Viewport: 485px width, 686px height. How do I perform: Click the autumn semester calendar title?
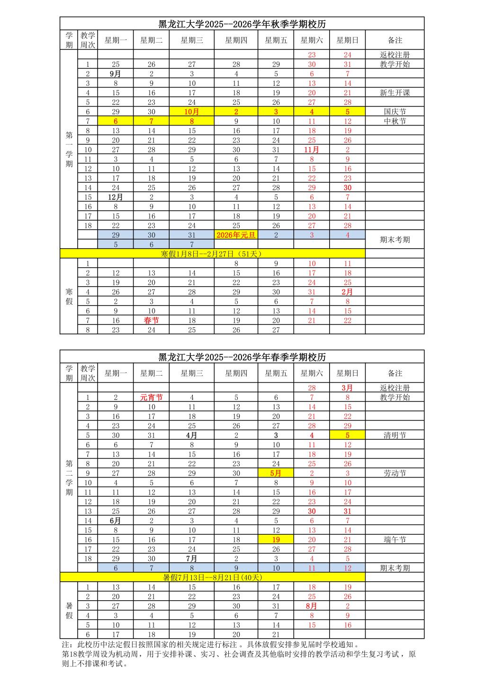tap(242, 25)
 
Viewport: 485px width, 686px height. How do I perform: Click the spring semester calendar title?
tap(242, 357)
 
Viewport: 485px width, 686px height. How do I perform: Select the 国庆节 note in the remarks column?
tap(395, 112)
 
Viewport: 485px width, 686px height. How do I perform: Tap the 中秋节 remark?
tap(395, 121)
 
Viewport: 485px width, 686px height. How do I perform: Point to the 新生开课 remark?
tap(395, 93)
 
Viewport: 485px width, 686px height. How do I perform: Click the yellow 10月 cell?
tap(191, 112)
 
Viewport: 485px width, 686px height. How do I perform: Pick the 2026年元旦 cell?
tap(236, 235)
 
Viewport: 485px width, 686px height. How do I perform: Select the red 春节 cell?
tap(151, 320)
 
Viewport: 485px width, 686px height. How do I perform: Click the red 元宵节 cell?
tap(151, 397)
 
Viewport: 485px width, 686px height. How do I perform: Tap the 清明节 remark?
tap(395, 435)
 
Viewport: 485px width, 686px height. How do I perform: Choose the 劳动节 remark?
tap(395, 473)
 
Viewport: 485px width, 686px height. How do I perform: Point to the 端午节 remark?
tap(395, 540)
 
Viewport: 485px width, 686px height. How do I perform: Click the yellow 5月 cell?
tap(276, 473)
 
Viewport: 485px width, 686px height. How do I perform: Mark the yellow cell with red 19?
tap(276, 540)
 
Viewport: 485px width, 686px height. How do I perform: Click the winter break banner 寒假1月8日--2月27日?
tap(212, 254)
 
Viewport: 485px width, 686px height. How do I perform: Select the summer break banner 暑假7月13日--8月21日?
tap(212, 578)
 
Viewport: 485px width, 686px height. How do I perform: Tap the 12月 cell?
tap(116, 197)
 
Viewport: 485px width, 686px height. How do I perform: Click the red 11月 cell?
tap(312, 150)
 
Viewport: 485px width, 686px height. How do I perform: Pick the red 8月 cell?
tap(312, 606)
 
